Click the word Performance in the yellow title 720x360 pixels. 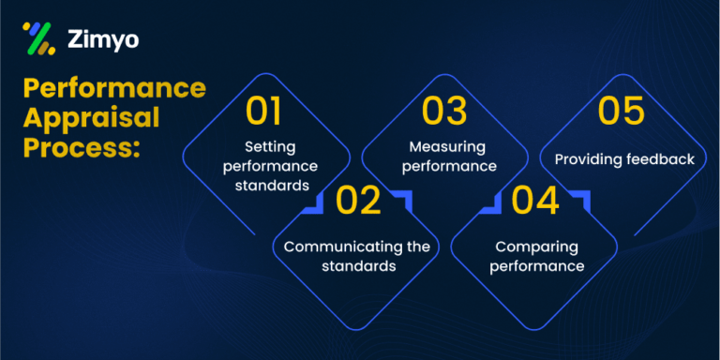click(x=113, y=89)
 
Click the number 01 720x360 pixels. click(x=263, y=112)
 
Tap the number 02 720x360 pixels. click(x=358, y=201)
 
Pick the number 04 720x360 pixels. click(x=535, y=201)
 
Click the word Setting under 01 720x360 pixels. click(x=269, y=146)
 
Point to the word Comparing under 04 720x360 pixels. click(x=535, y=247)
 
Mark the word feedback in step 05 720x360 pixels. click(x=660, y=159)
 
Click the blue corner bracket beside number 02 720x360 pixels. click(x=401, y=198)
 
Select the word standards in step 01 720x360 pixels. click(x=273, y=185)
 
